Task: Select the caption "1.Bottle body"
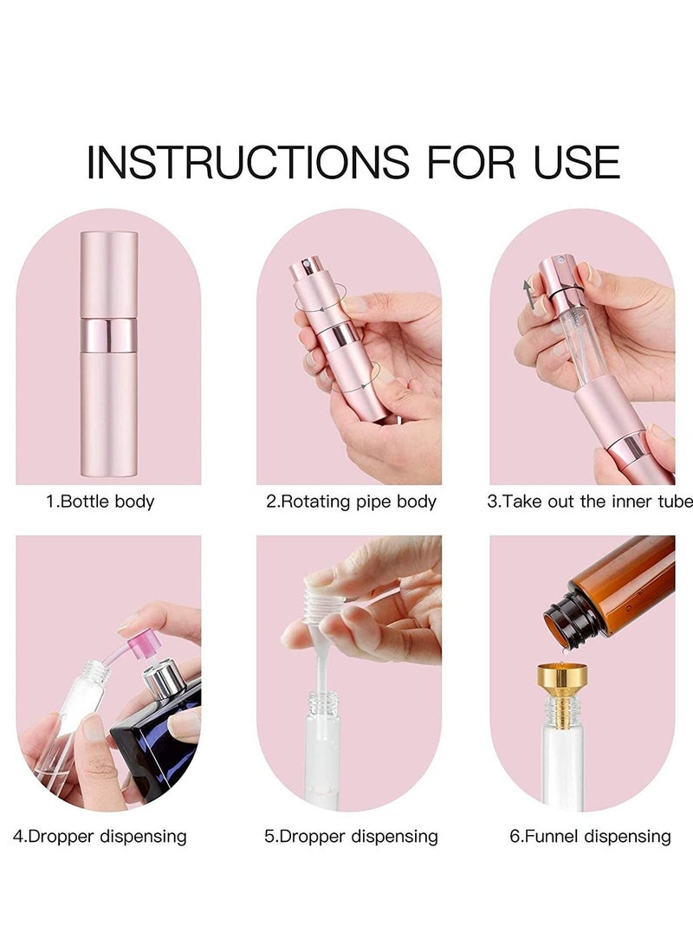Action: click(x=100, y=502)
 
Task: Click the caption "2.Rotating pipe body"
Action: click(x=351, y=502)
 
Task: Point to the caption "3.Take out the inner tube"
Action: click(x=589, y=502)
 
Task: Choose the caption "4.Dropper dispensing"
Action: click(x=100, y=836)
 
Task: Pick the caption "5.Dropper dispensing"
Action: click(x=351, y=836)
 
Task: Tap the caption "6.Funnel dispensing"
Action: click(x=590, y=836)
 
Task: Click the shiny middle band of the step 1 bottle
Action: click(x=108, y=334)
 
